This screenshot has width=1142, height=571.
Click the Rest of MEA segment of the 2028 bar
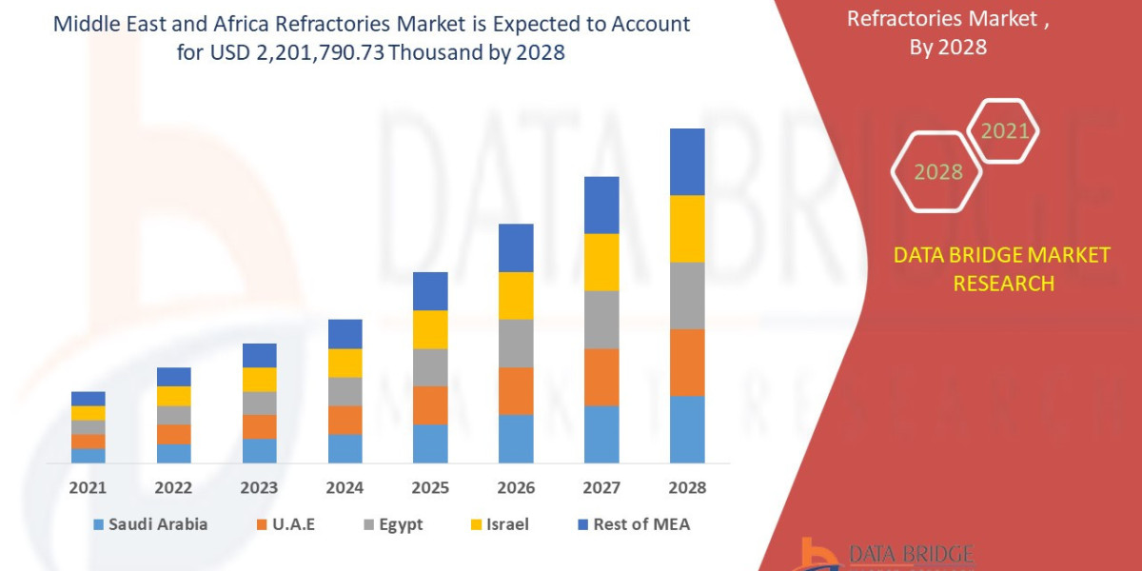687,162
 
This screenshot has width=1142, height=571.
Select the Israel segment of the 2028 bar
687,228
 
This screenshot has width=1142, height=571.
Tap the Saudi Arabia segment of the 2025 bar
430,443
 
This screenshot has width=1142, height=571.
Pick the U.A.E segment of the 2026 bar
516,390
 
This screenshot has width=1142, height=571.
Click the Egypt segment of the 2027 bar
601,320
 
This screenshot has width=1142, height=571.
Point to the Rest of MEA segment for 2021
89,398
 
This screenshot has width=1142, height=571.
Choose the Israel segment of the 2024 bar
345,363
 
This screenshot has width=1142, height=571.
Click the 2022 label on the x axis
173,487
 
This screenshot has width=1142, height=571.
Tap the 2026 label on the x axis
516,487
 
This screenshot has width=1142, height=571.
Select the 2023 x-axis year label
259,487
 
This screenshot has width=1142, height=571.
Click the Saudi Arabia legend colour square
98,524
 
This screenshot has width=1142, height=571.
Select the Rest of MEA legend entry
633,524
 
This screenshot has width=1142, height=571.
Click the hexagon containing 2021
1004,130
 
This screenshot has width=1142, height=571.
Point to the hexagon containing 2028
937,172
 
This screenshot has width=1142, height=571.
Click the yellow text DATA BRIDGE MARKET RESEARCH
1002,268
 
